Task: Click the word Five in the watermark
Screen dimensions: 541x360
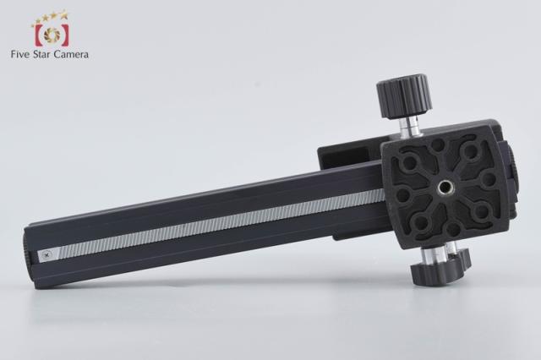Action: pyautogui.click(x=20, y=54)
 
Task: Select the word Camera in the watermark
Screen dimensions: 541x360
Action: pyautogui.click(x=71, y=54)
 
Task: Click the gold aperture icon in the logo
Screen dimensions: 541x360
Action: pyautogui.click(x=52, y=34)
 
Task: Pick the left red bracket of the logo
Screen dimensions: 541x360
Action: pyautogui.click(x=38, y=35)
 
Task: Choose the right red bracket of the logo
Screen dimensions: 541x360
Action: pyautogui.click(x=65, y=35)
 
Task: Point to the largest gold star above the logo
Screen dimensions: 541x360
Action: pyautogui.click(x=64, y=15)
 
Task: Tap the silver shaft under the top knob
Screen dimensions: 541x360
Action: pyautogui.click(x=411, y=126)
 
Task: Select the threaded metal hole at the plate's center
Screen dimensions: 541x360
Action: pyautogui.click(x=444, y=188)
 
